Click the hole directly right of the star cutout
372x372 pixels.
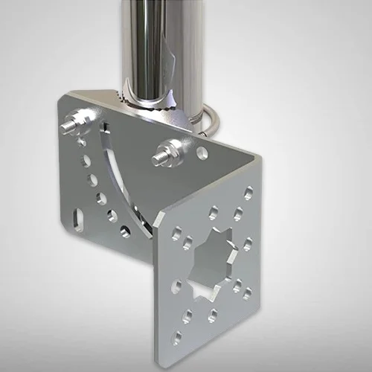(246, 245)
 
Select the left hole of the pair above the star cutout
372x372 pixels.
(214, 211)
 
